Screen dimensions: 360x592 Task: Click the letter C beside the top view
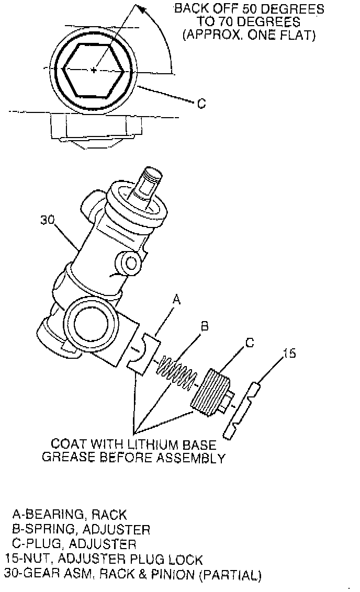[201, 103]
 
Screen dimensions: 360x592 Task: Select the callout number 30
[48, 219]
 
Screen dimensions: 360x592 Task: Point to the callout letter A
[176, 299]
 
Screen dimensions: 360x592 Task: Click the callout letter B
[205, 325]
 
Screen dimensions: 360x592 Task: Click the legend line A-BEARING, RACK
[70, 514]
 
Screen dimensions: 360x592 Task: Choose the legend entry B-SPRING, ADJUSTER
[81, 529]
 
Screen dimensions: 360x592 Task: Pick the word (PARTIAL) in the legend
[230, 575]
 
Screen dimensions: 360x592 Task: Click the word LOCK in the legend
[185, 559]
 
